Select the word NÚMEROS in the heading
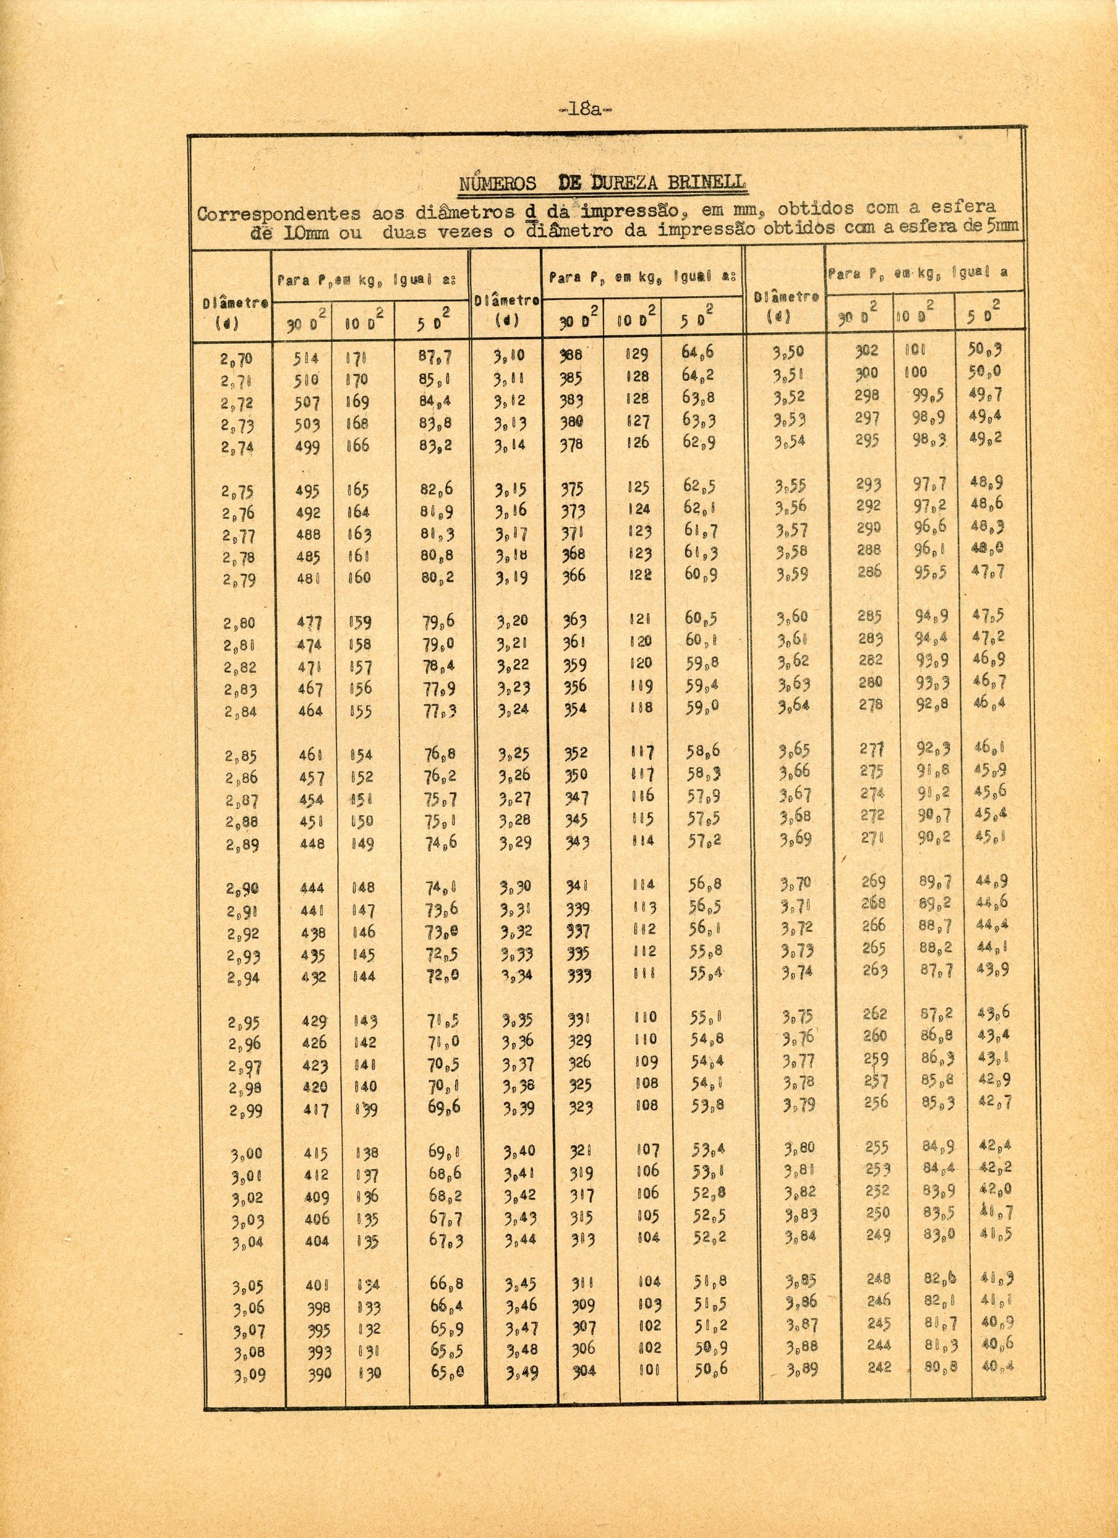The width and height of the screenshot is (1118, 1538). click(498, 184)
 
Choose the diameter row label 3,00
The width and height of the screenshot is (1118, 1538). click(247, 1152)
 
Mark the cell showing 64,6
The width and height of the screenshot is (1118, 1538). click(697, 353)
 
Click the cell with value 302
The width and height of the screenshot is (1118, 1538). click(866, 351)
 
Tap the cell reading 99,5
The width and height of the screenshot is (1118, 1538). click(929, 395)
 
